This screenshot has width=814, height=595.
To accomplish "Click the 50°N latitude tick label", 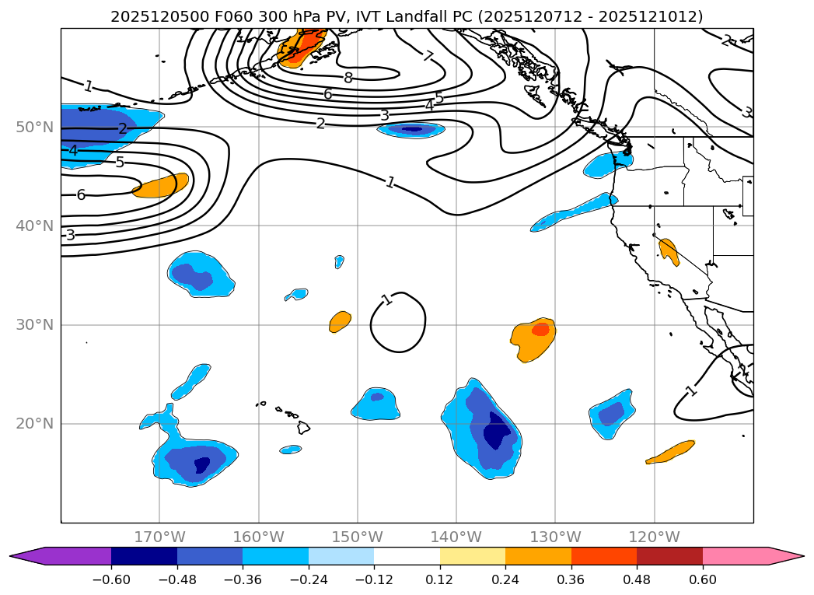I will (34, 127).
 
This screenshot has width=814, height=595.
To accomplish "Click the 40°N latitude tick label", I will (34, 226).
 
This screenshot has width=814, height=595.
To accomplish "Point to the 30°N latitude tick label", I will (34, 324).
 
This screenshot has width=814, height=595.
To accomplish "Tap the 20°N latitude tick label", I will (34, 423).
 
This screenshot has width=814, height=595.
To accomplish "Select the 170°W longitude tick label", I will (159, 537).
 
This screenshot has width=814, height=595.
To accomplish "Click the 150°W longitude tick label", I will (357, 537).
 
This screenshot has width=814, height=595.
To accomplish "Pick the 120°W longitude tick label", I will (654, 537).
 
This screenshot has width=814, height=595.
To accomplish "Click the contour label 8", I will (348, 77).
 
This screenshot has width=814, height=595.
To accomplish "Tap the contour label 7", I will (428, 55).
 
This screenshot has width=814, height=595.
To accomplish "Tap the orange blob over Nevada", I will (669, 251).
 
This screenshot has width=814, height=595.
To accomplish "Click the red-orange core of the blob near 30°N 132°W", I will (540, 329).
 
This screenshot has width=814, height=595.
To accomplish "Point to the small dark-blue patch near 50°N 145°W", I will (410, 129).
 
